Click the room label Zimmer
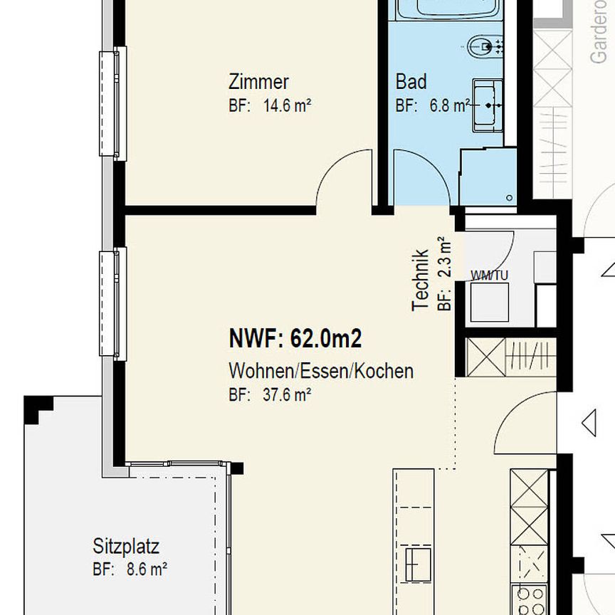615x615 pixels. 258,81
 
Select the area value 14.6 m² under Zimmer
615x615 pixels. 287,106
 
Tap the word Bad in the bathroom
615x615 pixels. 411,82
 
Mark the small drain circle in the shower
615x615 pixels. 509,198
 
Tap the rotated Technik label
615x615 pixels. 420,279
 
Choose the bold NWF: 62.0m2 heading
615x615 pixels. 295,339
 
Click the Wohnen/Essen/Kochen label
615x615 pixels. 320,371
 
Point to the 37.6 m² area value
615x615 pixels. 286,395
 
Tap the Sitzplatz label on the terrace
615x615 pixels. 126,547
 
